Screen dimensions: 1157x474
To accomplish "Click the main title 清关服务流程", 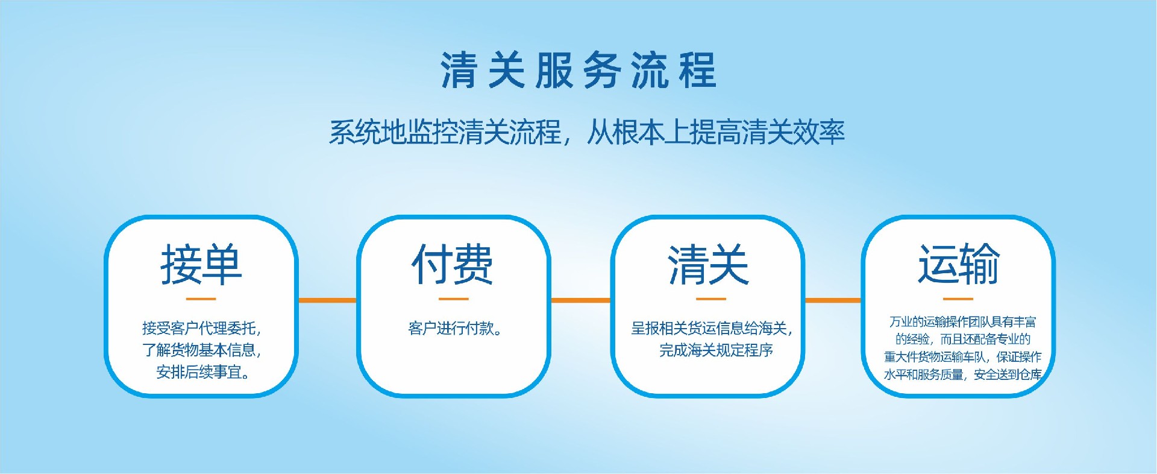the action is (578, 71).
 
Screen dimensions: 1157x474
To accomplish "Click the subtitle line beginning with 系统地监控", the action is (587, 132).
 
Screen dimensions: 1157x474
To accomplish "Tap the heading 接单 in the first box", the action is (201, 265).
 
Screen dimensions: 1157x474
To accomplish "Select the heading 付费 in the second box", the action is (453, 265).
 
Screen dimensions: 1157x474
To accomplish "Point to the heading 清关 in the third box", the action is (708, 265).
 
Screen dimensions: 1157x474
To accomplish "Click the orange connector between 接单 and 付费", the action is (328, 300).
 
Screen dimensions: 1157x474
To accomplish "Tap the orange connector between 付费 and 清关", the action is (581, 300).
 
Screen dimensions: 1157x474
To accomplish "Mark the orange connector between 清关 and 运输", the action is (833, 300).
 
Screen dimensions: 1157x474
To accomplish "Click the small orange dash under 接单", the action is (201, 299).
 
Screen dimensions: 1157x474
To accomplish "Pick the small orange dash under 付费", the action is (453, 299).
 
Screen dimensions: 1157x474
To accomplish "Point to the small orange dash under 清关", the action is (711, 299).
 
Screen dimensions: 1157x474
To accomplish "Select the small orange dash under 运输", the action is (958, 299).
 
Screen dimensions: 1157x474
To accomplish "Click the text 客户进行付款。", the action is (456, 329).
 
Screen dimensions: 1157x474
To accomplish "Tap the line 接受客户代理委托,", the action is (202, 329).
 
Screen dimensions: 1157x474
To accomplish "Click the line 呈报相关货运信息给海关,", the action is (712, 329).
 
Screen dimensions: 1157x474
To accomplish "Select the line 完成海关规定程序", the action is (716, 350).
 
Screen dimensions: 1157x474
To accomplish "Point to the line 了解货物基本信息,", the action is (202, 350).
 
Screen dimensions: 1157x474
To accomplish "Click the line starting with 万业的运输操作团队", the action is (963, 322).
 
